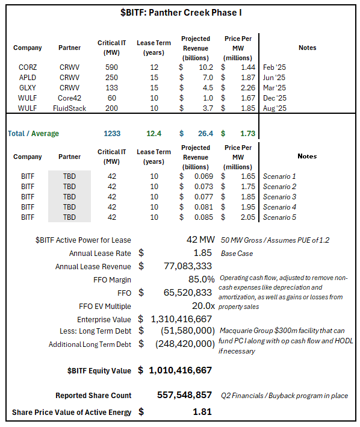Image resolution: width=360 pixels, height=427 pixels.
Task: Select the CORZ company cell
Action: pyautogui.click(x=28, y=67)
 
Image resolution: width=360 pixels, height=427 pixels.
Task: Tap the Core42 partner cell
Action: pyautogui.click(x=70, y=98)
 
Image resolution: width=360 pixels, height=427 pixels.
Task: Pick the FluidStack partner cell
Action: pyautogui.click(x=70, y=108)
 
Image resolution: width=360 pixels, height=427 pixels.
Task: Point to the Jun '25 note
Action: pyautogui.click(x=274, y=78)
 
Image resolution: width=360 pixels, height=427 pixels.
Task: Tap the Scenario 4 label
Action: pyautogui.click(x=280, y=207)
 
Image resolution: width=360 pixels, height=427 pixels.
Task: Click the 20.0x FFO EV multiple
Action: pyautogui.click(x=202, y=306)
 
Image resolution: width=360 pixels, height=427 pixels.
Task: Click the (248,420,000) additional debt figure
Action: pyautogui.click(x=185, y=344)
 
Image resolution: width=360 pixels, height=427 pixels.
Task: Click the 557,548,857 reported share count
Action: pyautogui.click(x=183, y=396)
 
